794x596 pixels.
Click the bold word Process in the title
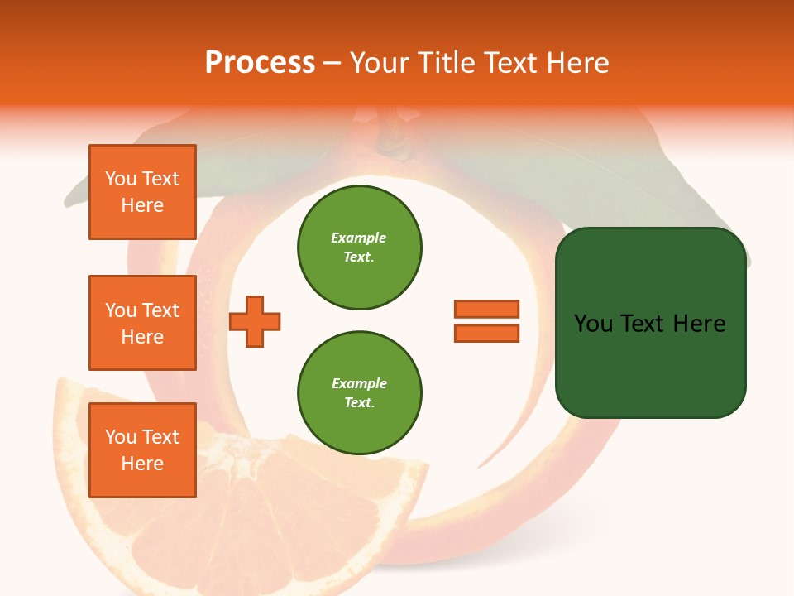tap(260, 63)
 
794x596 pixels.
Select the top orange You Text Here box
tap(142, 192)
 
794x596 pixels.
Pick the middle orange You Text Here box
tap(142, 323)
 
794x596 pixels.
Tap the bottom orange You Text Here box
tap(142, 450)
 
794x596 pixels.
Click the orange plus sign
tap(255, 321)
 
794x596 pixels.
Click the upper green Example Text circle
tap(360, 248)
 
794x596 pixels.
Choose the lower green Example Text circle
tap(360, 393)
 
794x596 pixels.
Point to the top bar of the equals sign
tap(486, 309)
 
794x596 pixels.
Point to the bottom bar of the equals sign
tap(486, 334)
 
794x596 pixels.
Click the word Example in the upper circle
tap(358, 238)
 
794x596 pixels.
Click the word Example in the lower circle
tap(359, 384)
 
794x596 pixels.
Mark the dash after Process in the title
tap(332, 64)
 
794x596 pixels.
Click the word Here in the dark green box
tap(699, 324)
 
